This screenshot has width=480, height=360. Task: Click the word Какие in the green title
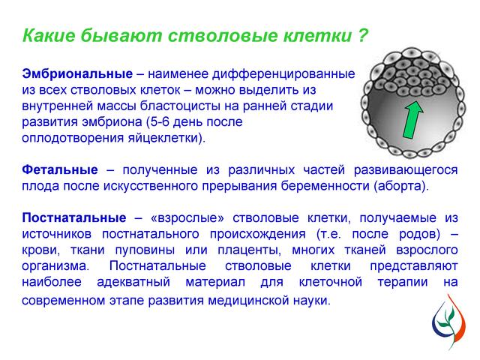[x=49, y=35]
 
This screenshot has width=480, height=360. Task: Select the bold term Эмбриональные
[x=77, y=74]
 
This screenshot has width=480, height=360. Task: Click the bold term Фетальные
[x=60, y=170]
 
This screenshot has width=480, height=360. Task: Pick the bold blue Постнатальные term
[x=74, y=218]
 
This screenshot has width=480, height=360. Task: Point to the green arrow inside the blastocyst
[x=412, y=120]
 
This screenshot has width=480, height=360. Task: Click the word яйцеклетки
[x=160, y=138]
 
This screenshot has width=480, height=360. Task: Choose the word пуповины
[x=145, y=250]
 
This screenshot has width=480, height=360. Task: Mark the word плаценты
[x=250, y=250]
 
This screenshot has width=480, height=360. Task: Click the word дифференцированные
[x=283, y=74]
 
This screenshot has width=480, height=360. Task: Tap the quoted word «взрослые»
[x=187, y=218]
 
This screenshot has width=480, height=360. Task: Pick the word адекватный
[x=133, y=282]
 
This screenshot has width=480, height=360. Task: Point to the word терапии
[x=403, y=282]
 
